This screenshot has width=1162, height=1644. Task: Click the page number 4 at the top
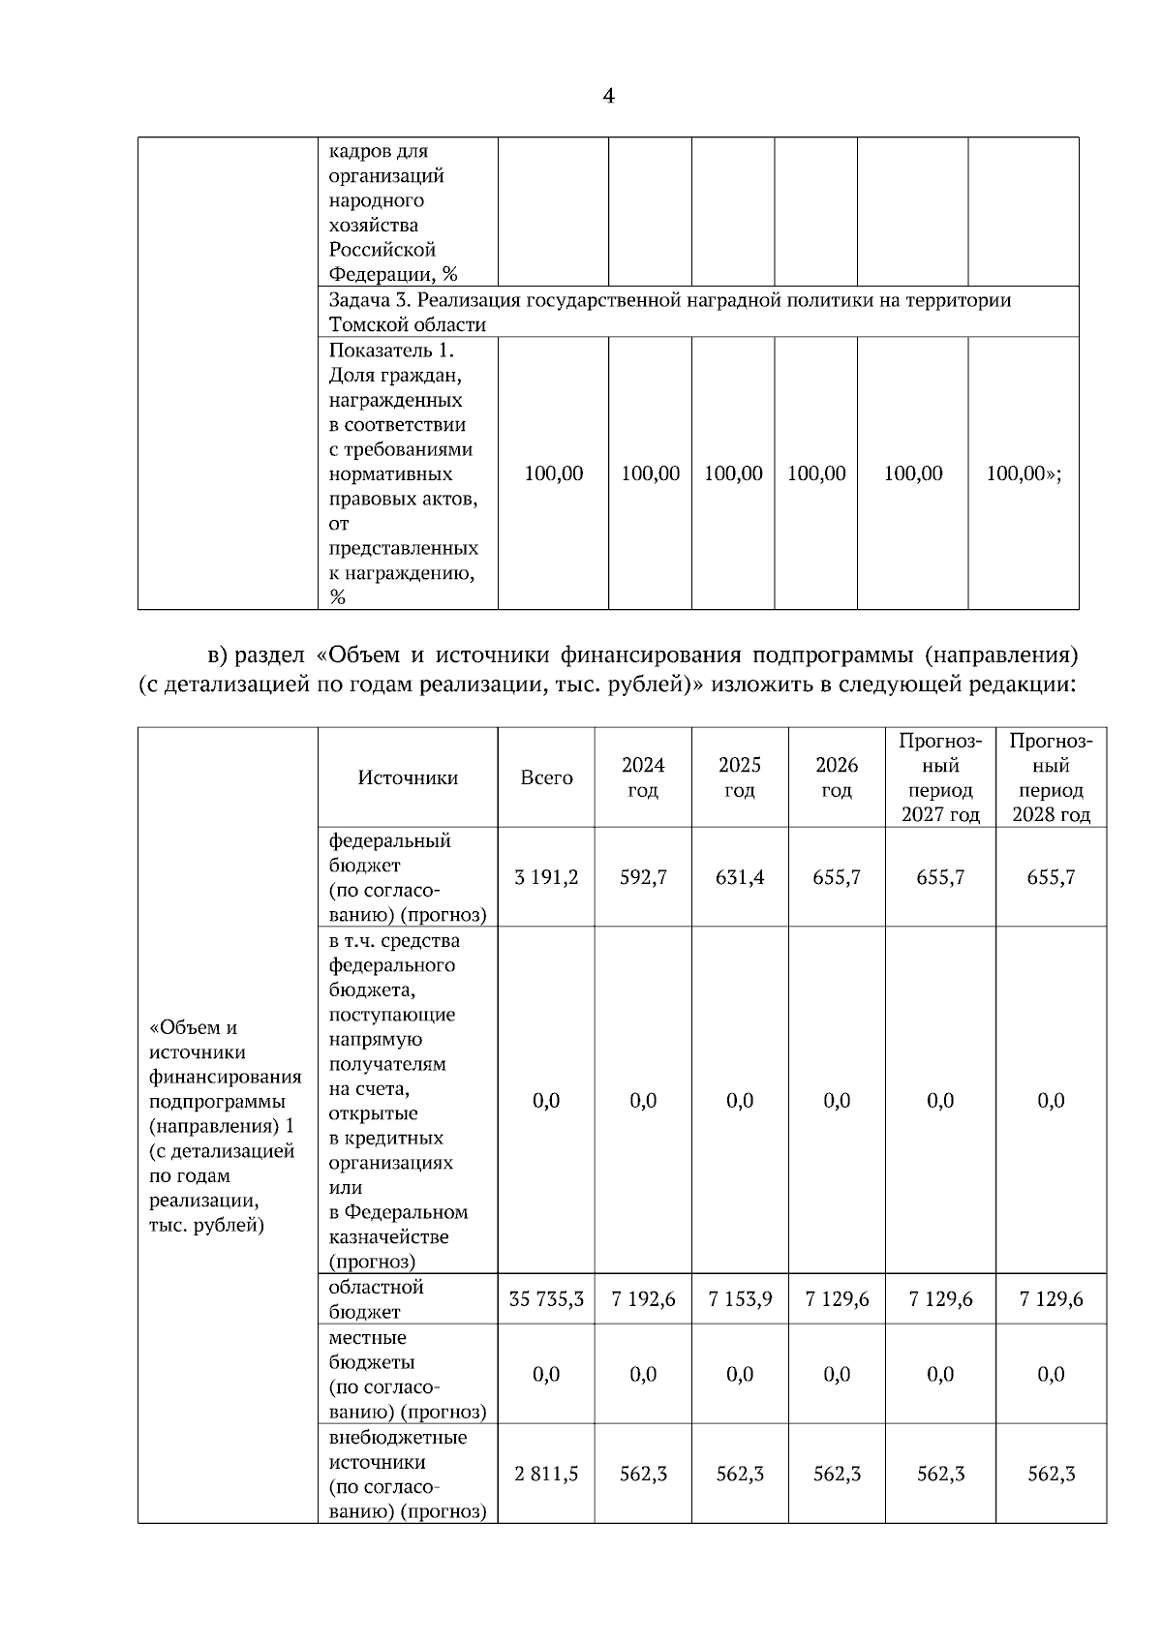point(608,96)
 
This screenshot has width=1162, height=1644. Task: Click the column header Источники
point(408,777)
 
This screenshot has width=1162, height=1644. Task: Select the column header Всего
point(546,777)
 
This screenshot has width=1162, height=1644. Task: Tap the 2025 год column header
point(740,777)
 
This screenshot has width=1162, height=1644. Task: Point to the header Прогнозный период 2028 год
point(1051,777)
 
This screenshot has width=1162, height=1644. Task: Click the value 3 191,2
point(546,877)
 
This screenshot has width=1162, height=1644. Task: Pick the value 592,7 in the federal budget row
point(643,877)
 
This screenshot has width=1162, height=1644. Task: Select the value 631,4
point(740,877)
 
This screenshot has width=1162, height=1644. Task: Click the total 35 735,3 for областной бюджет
point(546,1299)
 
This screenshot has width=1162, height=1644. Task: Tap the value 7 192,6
point(643,1299)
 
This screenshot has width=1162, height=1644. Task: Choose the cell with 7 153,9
point(740,1299)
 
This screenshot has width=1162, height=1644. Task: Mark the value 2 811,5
point(546,1474)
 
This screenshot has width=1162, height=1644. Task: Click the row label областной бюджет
point(377,1299)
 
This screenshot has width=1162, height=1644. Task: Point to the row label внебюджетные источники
point(398,1449)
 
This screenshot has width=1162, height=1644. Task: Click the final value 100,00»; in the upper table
point(1024,473)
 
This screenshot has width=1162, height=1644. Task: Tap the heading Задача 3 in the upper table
point(363,300)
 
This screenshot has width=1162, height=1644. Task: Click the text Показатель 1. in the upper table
point(391,350)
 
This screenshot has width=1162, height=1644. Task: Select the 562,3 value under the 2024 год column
point(643,1474)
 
